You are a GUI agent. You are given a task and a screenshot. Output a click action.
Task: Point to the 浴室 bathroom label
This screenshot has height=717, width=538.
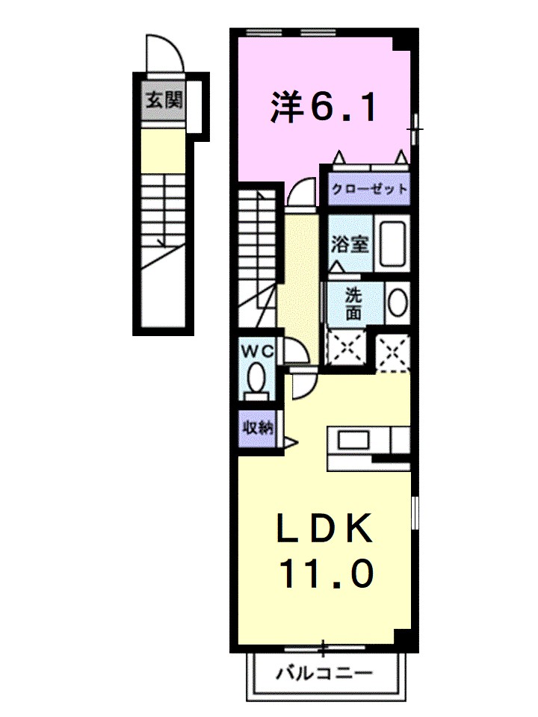coord(350,243)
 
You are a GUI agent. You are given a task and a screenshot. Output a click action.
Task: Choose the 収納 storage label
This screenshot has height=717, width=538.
coord(256,429)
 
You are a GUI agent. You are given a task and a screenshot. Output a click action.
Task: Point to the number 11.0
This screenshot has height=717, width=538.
coord(326,574)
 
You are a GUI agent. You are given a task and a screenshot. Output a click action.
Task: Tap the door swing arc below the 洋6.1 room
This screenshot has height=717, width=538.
coord(302,192)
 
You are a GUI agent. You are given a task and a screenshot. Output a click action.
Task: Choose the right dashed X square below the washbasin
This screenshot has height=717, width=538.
coord(392,350)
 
